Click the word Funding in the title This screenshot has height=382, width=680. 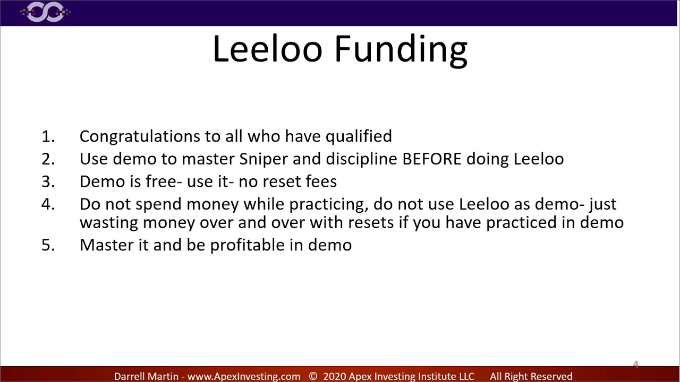pyautogui.click(x=401, y=49)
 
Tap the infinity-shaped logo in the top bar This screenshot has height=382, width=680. pyautogui.click(x=45, y=12)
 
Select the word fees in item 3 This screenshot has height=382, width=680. pyautogui.click(x=321, y=181)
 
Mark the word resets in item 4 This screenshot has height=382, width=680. pyautogui.click(x=370, y=222)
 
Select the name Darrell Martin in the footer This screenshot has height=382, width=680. pyautogui.click(x=146, y=376)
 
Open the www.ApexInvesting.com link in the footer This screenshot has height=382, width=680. pyautogui.click(x=244, y=376)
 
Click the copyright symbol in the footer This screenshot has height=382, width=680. pyautogui.click(x=313, y=376)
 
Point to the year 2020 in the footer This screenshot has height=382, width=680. pyautogui.click(x=334, y=376)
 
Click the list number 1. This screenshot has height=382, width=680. pyautogui.click(x=47, y=136)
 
